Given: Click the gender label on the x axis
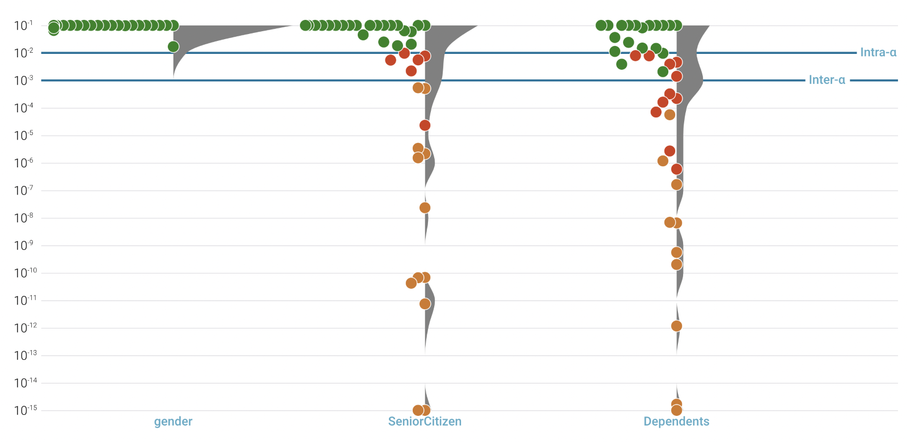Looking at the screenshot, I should pyautogui.click(x=173, y=422).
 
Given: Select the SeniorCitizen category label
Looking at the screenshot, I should pyautogui.click(x=425, y=422).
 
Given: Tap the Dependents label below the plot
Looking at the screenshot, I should pyautogui.click(x=676, y=422).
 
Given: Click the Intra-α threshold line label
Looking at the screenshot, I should pyautogui.click(x=878, y=53).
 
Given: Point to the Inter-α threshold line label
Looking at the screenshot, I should pyautogui.click(x=827, y=80).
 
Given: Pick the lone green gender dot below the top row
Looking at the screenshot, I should pyautogui.click(x=173, y=47).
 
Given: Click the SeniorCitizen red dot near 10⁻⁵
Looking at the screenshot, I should pyautogui.click(x=425, y=125).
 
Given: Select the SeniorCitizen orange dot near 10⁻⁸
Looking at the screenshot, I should pyautogui.click(x=425, y=208).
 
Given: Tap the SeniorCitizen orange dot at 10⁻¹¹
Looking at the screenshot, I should pyautogui.click(x=425, y=304).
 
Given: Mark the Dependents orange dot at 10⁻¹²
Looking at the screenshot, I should pyautogui.click(x=676, y=326).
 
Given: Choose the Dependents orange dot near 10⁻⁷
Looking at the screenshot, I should pyautogui.click(x=676, y=184).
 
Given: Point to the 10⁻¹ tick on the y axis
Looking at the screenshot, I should pyautogui.click(x=24, y=26).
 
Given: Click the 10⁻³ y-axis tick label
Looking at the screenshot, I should pyautogui.click(x=24, y=81).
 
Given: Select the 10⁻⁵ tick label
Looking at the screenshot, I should pyautogui.click(x=24, y=136).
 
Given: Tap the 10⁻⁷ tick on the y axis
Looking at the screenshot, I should pyautogui.click(x=24, y=191).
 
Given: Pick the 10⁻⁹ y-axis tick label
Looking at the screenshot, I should pyautogui.click(x=24, y=246).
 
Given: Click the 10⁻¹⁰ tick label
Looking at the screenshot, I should pyautogui.click(x=25, y=273).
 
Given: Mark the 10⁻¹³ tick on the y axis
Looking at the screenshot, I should pyautogui.click(x=25, y=356).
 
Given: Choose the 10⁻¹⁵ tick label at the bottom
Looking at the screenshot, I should pyautogui.click(x=25, y=410).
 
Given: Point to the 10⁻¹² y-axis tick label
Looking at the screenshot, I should pyautogui.click(x=25, y=328).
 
